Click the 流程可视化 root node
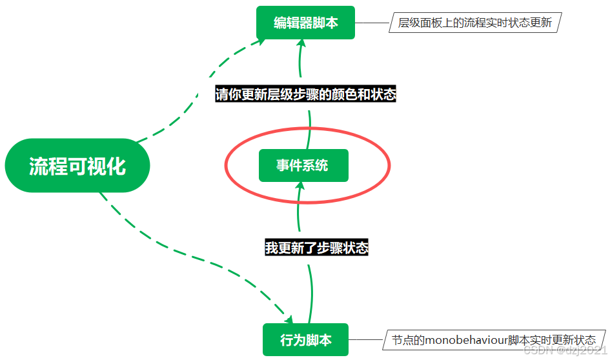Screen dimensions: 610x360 pyautogui.click(x=77, y=166)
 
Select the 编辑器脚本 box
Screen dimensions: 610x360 pyautogui.click(x=305, y=23)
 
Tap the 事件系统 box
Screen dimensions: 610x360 pyautogui.click(x=303, y=166)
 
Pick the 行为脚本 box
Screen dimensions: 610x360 pyautogui.click(x=305, y=339)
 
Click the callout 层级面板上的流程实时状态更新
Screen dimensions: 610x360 pyautogui.click(x=474, y=23)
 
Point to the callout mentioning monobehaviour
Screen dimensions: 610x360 pyautogui.click(x=494, y=339)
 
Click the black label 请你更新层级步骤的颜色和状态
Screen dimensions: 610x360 pyautogui.click(x=305, y=94)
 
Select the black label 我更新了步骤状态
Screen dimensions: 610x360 pyautogui.click(x=316, y=248)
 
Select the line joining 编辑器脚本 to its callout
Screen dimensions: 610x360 pyautogui.click(x=371, y=23)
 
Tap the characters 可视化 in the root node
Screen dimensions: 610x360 pyautogui.click(x=97, y=166)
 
